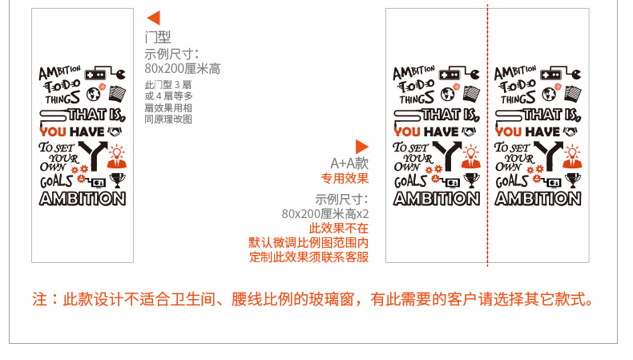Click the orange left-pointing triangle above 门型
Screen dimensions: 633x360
click(154, 18)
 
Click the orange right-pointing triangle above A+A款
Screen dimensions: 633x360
click(361, 146)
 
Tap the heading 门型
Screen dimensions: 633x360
click(158, 37)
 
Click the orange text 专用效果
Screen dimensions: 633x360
click(345, 178)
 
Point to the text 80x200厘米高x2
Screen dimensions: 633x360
click(325, 214)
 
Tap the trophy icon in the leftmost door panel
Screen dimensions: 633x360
click(117, 179)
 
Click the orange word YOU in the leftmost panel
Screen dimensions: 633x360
click(53, 131)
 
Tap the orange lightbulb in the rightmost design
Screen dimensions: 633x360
click(572, 151)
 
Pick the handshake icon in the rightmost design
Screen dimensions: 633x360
click(572, 131)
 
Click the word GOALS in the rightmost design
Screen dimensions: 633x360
click(511, 181)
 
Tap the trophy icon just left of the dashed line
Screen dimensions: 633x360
click(471, 179)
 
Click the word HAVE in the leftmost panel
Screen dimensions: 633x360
click(88, 131)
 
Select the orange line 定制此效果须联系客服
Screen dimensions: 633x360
click(308, 257)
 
